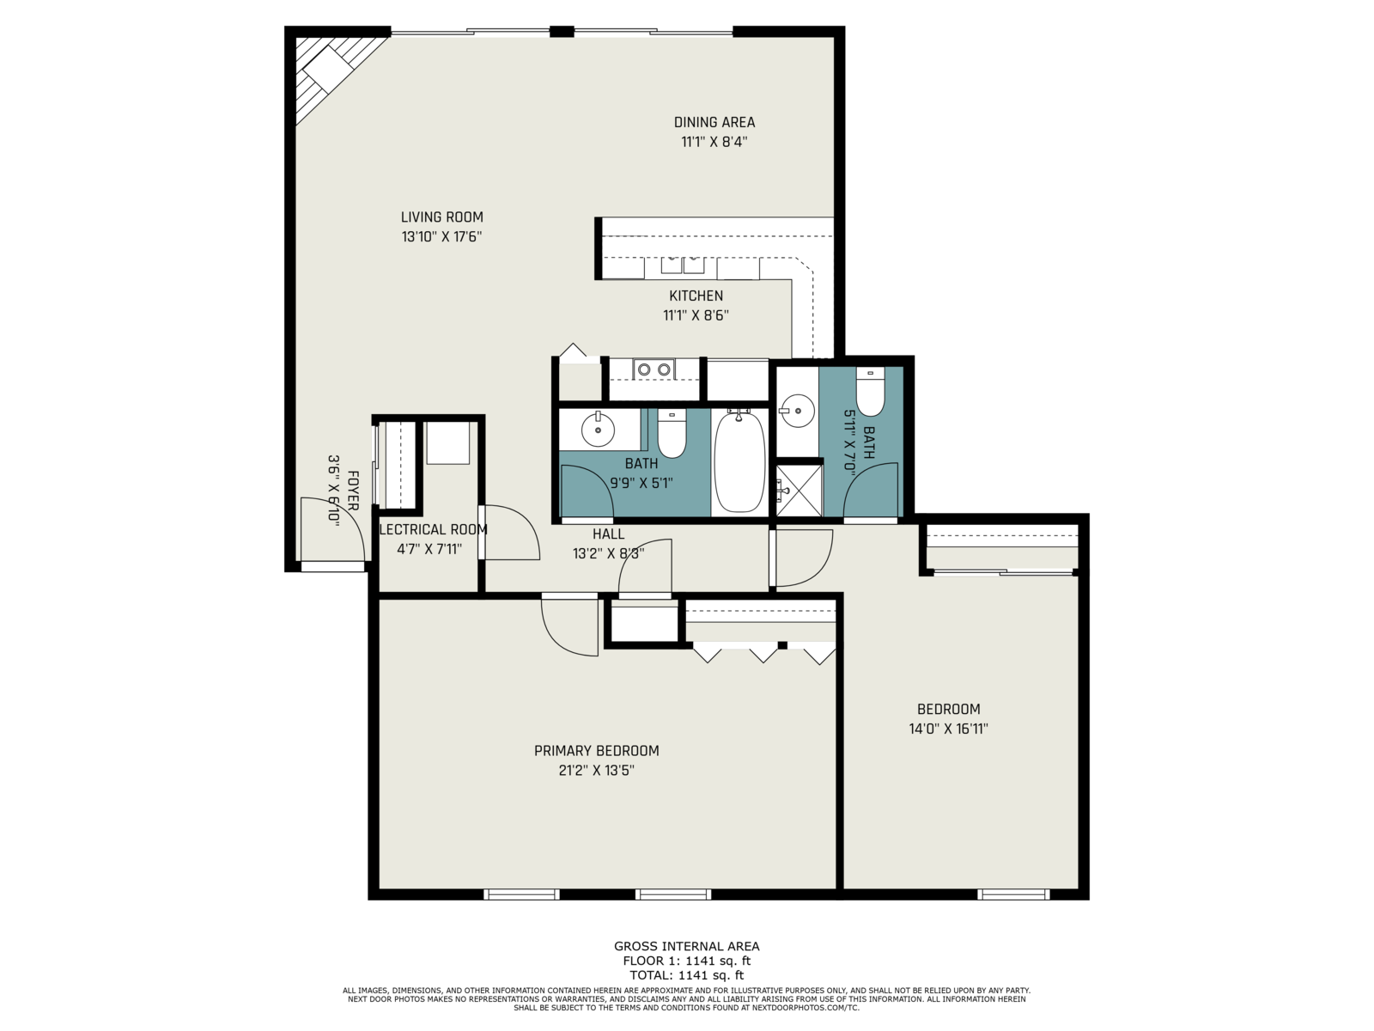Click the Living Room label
pos(442,217)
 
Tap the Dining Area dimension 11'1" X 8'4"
pos(714,142)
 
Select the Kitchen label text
pos(696,296)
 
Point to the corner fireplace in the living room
pos(331,72)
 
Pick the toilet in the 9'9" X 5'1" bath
pos(672,433)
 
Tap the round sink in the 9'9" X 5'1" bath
pos(598,430)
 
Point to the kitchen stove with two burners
pos(654,369)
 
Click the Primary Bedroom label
pos(596,751)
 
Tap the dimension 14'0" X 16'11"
pos(948,729)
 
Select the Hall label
pos(609,534)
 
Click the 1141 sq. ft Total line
pos(687,974)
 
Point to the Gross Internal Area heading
pos(687,946)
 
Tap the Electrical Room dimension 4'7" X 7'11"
pos(429,549)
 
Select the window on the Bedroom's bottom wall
pos(1013,894)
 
